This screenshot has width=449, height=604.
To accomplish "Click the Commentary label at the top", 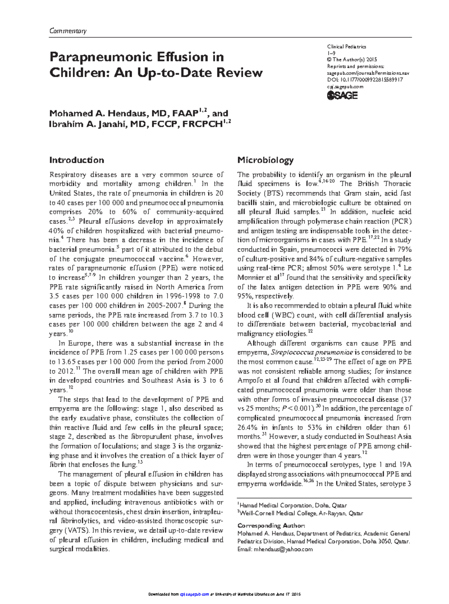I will (x=68, y=31).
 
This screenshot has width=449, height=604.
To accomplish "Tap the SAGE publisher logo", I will (x=342, y=95).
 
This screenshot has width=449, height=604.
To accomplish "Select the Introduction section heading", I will (x=77, y=160).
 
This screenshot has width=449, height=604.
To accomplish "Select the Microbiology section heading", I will (x=265, y=160).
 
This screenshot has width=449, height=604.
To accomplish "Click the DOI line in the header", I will (x=365, y=80).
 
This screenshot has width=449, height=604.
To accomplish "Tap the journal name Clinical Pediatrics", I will (x=346, y=47).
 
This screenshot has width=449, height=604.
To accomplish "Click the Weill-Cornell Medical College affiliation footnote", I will (x=301, y=513).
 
